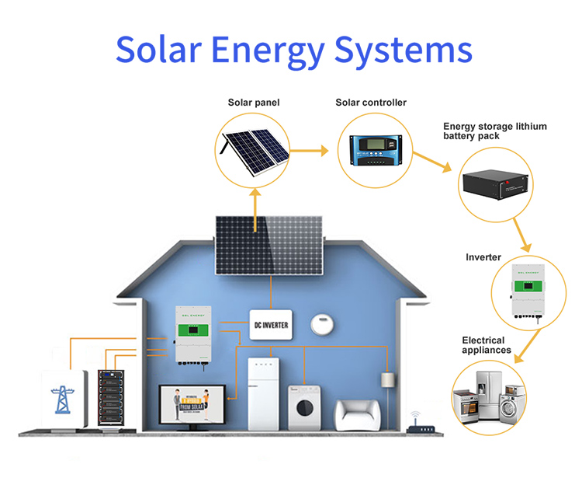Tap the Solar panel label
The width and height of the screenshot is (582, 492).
click(x=254, y=103)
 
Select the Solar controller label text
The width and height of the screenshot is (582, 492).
click(x=371, y=103)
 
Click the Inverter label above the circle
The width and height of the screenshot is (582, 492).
click(x=483, y=257)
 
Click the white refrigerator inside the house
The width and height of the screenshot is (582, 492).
click(x=268, y=393)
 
